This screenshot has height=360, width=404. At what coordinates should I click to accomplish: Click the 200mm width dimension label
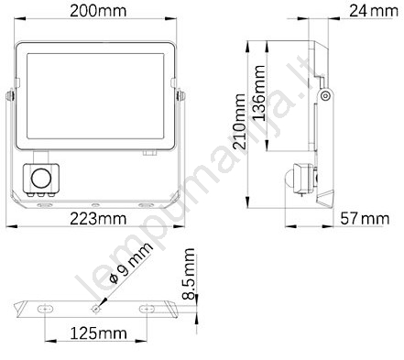(98, 11)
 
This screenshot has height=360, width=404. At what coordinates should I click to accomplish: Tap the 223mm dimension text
(98, 219)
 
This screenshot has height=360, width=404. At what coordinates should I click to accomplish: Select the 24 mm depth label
(374, 11)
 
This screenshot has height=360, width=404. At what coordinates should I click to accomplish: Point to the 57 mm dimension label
(365, 219)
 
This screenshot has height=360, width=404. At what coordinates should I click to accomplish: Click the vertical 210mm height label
(239, 121)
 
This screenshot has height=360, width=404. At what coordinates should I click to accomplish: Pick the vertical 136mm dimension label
(258, 93)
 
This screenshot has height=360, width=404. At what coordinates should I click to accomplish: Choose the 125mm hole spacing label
(98, 333)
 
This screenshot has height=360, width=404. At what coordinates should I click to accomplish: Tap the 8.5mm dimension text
(189, 274)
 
